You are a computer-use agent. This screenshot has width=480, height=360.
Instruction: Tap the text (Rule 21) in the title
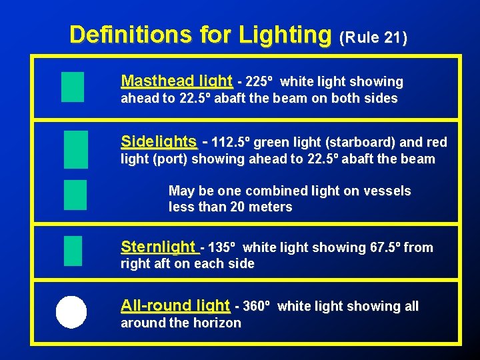pyautogui.click(x=373, y=38)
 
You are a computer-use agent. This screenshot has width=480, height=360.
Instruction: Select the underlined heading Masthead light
pyautogui.click(x=177, y=81)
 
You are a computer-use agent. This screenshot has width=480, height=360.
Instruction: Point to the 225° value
pyautogui.click(x=259, y=82)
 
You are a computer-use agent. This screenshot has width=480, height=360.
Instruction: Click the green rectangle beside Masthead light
pyautogui.click(x=72, y=87)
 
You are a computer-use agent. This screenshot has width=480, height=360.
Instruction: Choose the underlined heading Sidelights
pyautogui.click(x=159, y=141)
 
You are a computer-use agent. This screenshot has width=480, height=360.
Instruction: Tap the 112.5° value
pyautogui.click(x=231, y=142)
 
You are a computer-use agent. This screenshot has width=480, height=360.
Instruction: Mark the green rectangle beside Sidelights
pyautogui.click(x=76, y=149)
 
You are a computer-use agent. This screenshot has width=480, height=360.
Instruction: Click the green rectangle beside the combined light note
pyautogui.click(x=75, y=195)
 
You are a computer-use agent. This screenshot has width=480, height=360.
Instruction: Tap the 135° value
pyautogui.click(x=221, y=248)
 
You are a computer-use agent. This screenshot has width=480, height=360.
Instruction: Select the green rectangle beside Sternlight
pyautogui.click(x=73, y=251)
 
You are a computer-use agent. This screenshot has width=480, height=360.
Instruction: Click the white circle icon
pyautogui.click(x=71, y=312)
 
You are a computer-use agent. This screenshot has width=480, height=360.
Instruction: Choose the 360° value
pyautogui.click(x=257, y=307)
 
